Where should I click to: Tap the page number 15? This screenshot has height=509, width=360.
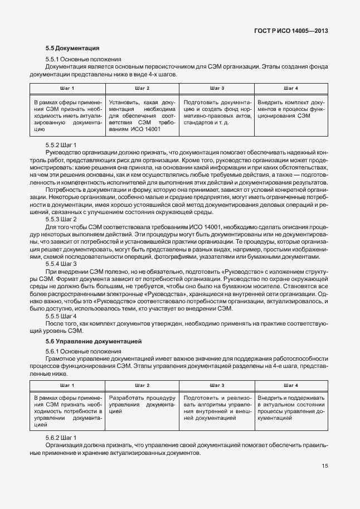click(324, 466)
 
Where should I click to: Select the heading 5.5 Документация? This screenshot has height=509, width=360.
click(72, 49)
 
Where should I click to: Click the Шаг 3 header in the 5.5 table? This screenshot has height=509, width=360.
click(217, 89)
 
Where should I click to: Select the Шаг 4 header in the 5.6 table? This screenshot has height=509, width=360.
click(291, 385)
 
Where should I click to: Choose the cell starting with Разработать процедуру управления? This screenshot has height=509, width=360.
click(142, 404)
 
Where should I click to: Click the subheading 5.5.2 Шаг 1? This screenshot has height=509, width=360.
click(61, 144)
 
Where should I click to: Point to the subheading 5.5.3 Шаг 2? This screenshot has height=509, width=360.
click(61, 219)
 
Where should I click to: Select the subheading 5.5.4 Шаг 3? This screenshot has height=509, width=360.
click(61, 263)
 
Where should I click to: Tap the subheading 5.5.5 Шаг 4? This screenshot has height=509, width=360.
click(61, 316)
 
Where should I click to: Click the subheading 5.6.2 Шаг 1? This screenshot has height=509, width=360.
click(61, 438)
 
